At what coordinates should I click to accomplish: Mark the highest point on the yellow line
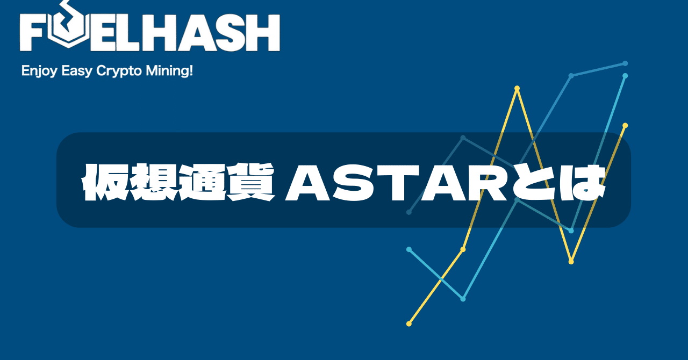pyautogui.click(x=517, y=88)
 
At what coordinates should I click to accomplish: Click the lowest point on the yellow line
pyautogui.click(x=409, y=324)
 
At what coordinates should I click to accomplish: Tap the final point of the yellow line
pyautogui.click(x=625, y=125)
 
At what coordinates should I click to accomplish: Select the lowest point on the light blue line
pyautogui.click(x=463, y=299)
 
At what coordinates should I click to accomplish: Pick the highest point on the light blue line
pyautogui.click(x=625, y=76)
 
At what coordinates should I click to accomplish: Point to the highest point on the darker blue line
pyautogui.click(x=625, y=63)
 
